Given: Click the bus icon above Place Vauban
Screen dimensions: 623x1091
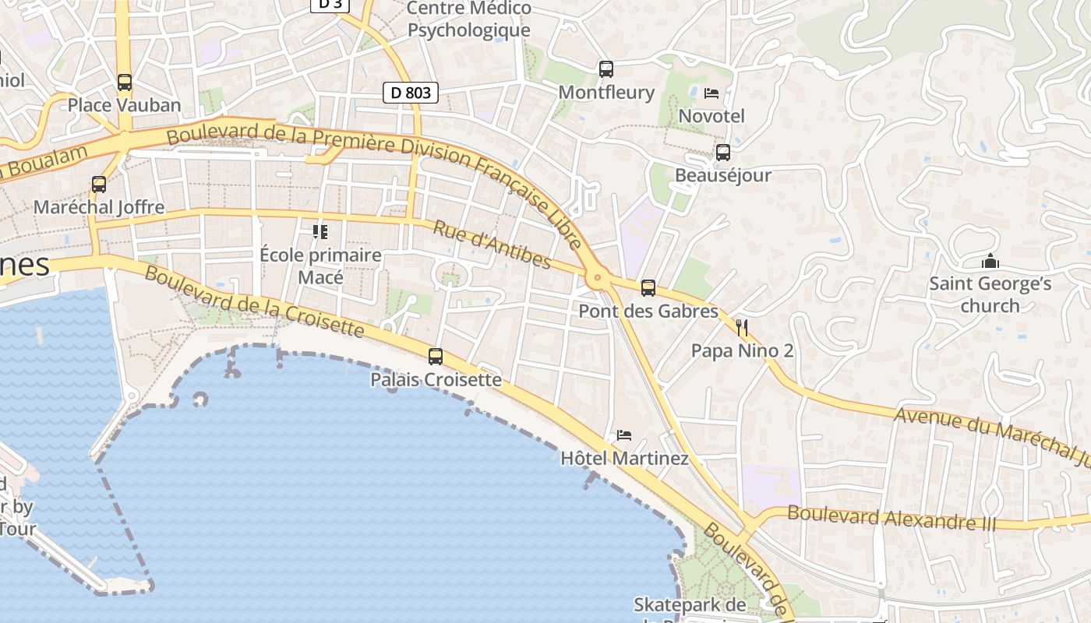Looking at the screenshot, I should pyautogui.click(x=124, y=82).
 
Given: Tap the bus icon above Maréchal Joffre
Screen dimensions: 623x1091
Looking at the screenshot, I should pyautogui.click(x=99, y=185).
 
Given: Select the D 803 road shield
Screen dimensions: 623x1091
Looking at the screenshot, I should pyautogui.click(x=411, y=93).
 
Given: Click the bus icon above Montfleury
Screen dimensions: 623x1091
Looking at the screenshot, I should pyautogui.click(x=606, y=69).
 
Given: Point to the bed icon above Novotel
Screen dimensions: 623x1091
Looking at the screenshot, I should pyautogui.click(x=711, y=93).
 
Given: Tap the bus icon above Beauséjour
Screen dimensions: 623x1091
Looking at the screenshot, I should pyautogui.click(x=723, y=152).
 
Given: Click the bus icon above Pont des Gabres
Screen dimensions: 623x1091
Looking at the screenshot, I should pyautogui.click(x=648, y=288).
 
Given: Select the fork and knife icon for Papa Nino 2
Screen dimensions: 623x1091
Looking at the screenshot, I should pyautogui.click(x=742, y=328).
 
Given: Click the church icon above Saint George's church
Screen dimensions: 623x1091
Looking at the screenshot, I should pyautogui.click(x=990, y=261).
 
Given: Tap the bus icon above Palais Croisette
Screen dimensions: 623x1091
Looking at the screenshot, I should pyautogui.click(x=436, y=357).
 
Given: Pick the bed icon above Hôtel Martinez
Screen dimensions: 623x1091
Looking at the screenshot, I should pyautogui.click(x=624, y=435).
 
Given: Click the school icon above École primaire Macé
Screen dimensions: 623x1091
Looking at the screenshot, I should pyautogui.click(x=320, y=232).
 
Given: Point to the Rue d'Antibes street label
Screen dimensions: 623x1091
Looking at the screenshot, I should pyautogui.click(x=492, y=245).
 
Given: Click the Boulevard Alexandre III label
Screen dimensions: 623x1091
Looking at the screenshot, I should pyautogui.click(x=892, y=517).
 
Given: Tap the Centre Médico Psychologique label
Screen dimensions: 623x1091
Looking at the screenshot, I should pyautogui.click(x=469, y=19).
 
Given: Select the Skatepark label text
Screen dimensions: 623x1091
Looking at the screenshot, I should pyautogui.click(x=690, y=605).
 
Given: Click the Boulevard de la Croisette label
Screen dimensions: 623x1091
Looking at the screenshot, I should pyautogui.click(x=254, y=302).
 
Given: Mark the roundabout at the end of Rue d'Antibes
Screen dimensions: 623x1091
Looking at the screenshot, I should pyautogui.click(x=598, y=277).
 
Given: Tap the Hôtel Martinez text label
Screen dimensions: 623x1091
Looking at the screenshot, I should pyautogui.click(x=625, y=459).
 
